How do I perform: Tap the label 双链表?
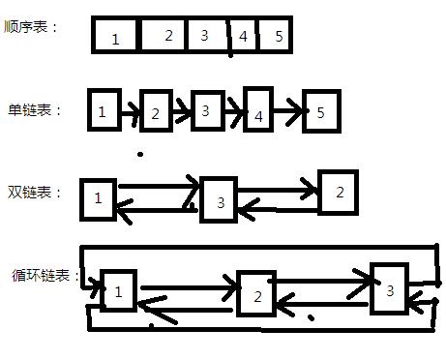pyautogui.click(x=34, y=193)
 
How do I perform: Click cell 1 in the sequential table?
pyautogui.click(x=116, y=38)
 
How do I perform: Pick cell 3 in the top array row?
pyautogui.click(x=204, y=36)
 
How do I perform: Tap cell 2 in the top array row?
pyautogui.click(x=167, y=36)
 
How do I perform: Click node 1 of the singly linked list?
pyautogui.click(x=103, y=111)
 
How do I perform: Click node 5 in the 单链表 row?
pyautogui.click(x=320, y=112)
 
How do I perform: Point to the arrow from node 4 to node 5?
pyautogui.click(x=287, y=114)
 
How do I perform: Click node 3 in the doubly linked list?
pyautogui.click(x=220, y=201)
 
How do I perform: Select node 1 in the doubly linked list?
pyautogui.click(x=99, y=198)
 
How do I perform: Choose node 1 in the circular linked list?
pyautogui.click(x=118, y=290)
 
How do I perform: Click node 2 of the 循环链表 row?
pyautogui.click(x=255, y=296)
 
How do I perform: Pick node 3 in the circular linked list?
pyautogui.click(x=389, y=288)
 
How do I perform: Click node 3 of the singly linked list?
pyautogui.click(x=206, y=110)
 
